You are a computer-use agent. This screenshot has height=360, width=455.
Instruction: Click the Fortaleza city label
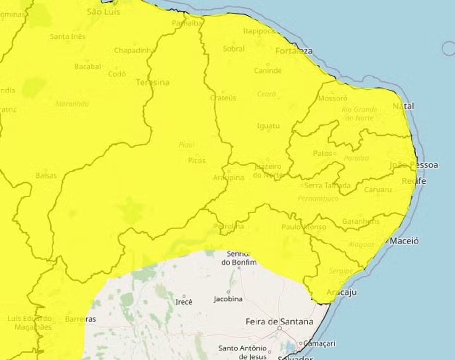294,51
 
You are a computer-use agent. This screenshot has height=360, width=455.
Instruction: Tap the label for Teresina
153,82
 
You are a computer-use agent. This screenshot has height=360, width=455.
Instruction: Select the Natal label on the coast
403,106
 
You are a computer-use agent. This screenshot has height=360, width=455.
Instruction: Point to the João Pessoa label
413,165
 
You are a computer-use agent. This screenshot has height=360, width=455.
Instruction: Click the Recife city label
414,181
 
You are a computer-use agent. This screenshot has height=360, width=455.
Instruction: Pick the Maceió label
404,241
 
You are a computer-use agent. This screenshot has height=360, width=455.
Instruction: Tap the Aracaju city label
341,292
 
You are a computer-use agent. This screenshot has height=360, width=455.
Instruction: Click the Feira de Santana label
279,321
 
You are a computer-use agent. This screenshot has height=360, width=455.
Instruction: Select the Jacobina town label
228,299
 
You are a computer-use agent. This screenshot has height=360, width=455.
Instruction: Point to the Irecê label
184,302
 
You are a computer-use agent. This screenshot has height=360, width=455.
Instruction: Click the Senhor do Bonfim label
238,258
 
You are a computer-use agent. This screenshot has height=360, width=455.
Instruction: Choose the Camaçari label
319,343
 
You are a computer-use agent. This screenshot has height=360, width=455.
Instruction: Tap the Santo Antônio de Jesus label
243,352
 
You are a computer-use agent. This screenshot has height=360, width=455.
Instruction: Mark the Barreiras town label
80,319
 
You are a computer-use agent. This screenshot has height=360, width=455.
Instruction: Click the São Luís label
104,12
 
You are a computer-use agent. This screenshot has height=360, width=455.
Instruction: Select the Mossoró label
333,99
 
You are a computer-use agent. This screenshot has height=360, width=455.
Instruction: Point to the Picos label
197,161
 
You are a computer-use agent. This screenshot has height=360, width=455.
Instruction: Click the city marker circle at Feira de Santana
279,328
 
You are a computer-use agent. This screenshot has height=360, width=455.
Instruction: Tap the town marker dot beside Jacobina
228,292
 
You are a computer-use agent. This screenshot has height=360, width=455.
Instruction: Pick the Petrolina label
229,226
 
